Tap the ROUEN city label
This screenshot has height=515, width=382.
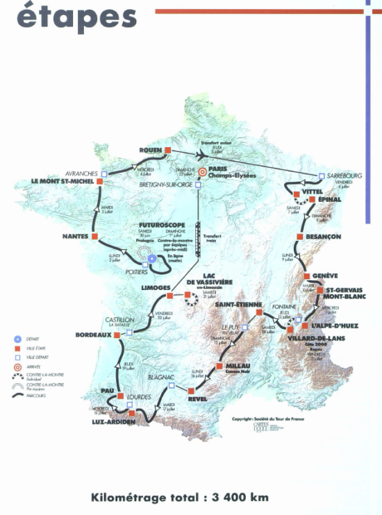point(150,149)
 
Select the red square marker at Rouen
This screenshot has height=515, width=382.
point(168,149)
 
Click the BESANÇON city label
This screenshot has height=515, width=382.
point(323,237)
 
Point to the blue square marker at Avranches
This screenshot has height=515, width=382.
point(104,174)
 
